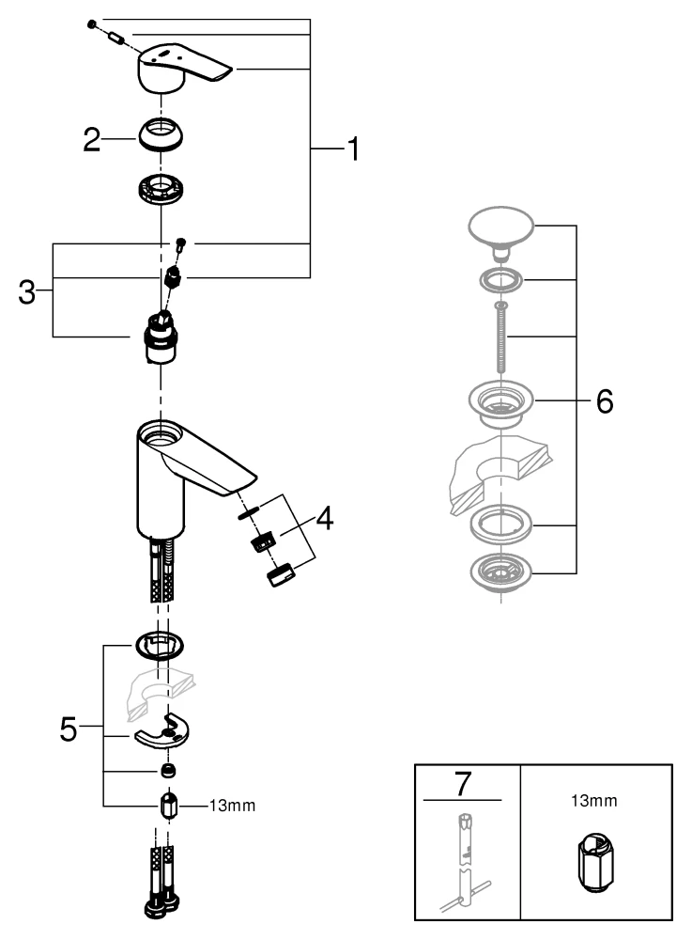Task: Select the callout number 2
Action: pos(91,141)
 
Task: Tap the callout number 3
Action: pos(28,290)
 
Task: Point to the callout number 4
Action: pos(323,517)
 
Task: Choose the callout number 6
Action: pos(603,401)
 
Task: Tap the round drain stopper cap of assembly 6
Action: pos(500,229)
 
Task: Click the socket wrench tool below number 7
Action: pos(464,860)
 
